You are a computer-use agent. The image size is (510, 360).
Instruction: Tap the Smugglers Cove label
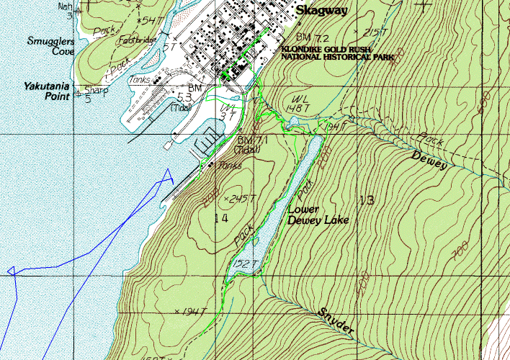click(x=53, y=46)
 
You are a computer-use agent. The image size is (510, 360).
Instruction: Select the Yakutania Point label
click(x=46, y=90)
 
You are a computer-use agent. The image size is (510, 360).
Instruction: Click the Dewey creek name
click(x=429, y=161)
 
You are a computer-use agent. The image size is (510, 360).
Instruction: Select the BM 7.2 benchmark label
click(x=312, y=37)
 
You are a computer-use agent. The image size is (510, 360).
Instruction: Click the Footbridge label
click(x=135, y=40)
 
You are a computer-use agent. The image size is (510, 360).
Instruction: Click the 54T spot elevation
click(x=153, y=19)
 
